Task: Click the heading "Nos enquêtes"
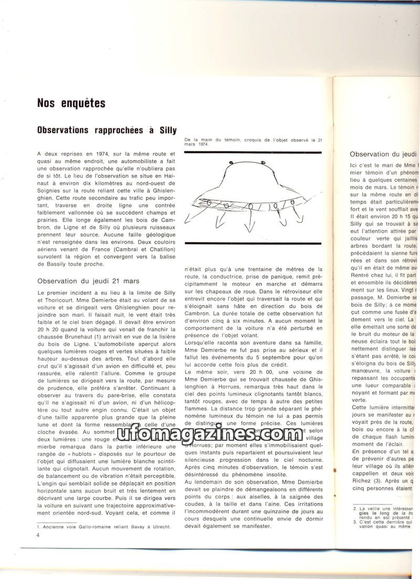pos(71,103)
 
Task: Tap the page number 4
pos(38,535)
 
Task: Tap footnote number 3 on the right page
pos(355,522)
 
